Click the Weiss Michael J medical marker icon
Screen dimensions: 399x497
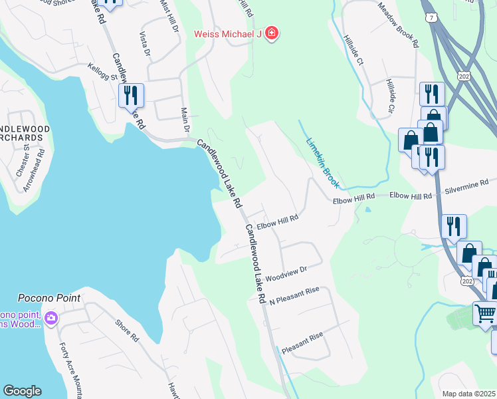pyautogui.click(x=271, y=33)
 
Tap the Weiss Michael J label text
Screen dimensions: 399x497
pyautogui.click(x=228, y=34)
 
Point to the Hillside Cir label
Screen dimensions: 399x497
pyautogui.click(x=391, y=95)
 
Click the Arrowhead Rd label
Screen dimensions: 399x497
pyautogui.click(x=34, y=170)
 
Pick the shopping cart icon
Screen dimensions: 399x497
pyautogui.click(x=485, y=313)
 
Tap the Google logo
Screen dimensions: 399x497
pyautogui.click(x=22, y=391)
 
